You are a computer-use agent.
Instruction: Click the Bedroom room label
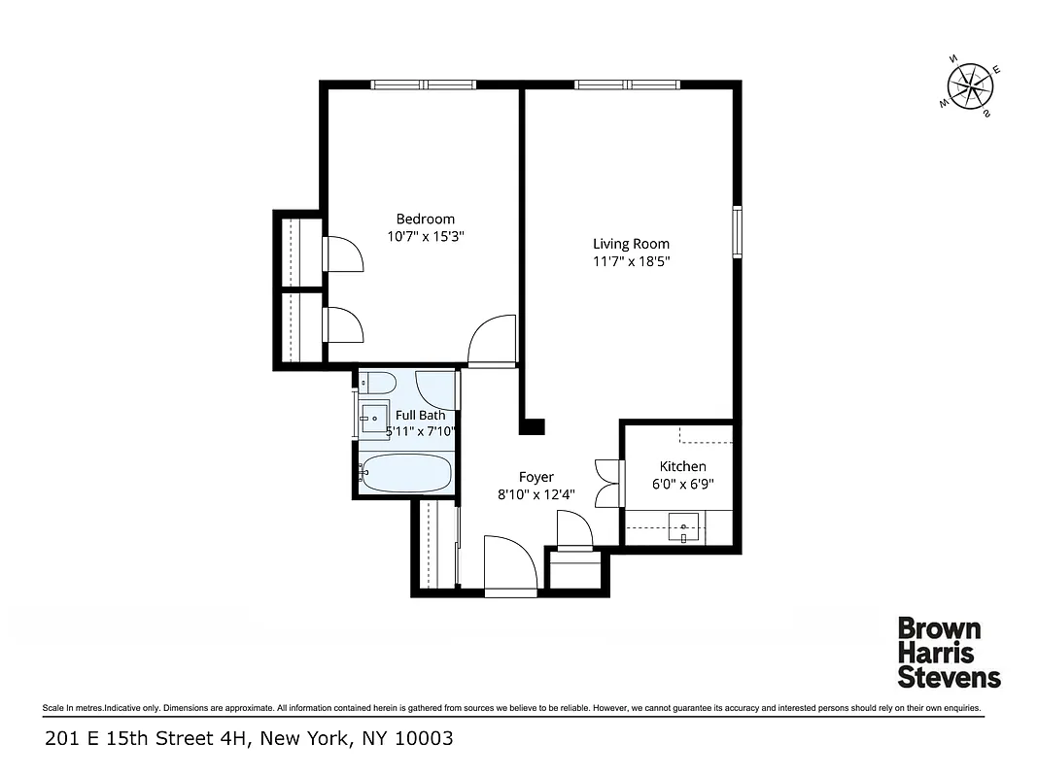coord(425,219)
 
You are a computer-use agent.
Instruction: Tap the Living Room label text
coord(631,244)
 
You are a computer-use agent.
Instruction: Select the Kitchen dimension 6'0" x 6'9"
coord(682,484)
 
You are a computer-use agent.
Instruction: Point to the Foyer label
coord(536,477)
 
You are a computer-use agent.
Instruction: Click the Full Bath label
coord(420,415)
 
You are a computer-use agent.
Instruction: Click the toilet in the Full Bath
coord(377,382)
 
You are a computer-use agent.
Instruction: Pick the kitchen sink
coord(684,530)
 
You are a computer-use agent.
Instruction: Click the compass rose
coord(971,89)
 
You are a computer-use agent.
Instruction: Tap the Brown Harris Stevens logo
coord(948,652)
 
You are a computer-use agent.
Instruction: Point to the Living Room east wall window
coord(737,231)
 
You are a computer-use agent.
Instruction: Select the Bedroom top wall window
coord(424,84)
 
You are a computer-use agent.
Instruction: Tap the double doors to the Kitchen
coord(606,483)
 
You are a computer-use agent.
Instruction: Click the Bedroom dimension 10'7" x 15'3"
coord(425,236)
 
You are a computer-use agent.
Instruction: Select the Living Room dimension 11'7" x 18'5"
coord(631,261)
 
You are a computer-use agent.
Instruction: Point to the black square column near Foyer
coord(533,425)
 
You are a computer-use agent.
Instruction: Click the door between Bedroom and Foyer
coord(492,343)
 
